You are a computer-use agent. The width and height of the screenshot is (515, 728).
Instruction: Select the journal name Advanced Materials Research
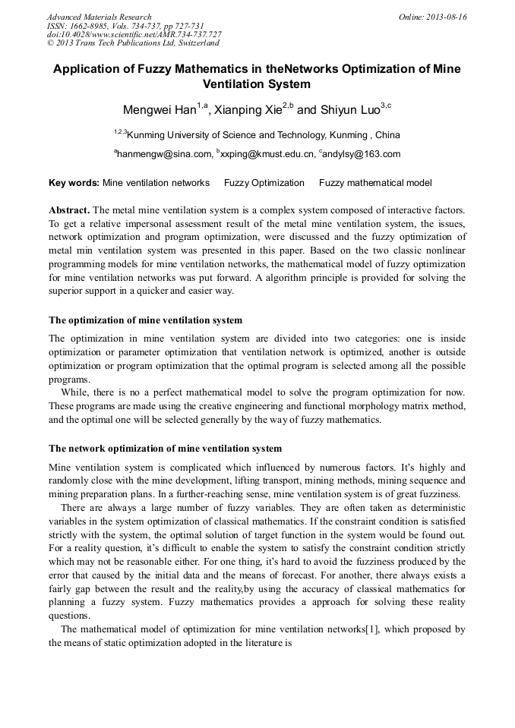click(99, 17)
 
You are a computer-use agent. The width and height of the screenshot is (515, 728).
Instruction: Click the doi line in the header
click(134, 35)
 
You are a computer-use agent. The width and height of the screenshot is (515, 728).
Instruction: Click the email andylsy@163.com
click(362, 155)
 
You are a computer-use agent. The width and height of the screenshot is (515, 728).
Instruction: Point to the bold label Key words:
click(74, 183)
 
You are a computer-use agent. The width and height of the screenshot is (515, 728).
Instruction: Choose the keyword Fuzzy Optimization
click(264, 183)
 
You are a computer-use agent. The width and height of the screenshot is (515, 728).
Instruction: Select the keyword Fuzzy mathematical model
click(375, 183)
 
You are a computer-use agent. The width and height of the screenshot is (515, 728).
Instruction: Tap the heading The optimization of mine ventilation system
click(145, 320)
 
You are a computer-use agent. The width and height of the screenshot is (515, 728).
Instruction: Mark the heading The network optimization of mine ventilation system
click(165, 449)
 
